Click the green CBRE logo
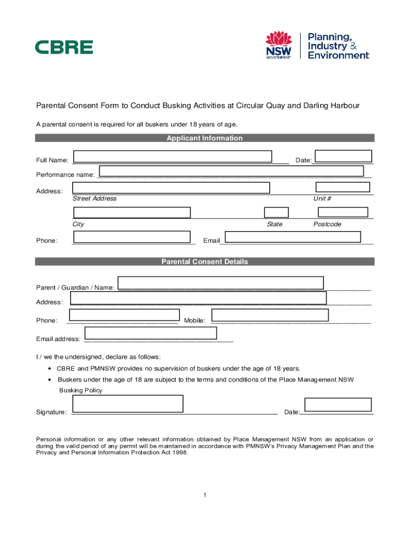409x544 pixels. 64,47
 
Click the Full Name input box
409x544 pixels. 173,156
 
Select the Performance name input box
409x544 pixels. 231,171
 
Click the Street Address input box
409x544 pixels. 171,188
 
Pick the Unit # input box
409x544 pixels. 343,187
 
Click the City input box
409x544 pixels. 132,212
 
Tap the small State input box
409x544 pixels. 276,212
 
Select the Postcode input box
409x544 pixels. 343,212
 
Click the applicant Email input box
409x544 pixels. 293,237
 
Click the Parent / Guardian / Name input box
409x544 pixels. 220,283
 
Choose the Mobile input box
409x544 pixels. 270,315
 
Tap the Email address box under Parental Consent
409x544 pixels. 151,333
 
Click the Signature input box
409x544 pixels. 128,404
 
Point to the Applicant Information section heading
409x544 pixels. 204,138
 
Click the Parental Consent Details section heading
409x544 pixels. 204,262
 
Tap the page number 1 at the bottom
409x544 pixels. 204,495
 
